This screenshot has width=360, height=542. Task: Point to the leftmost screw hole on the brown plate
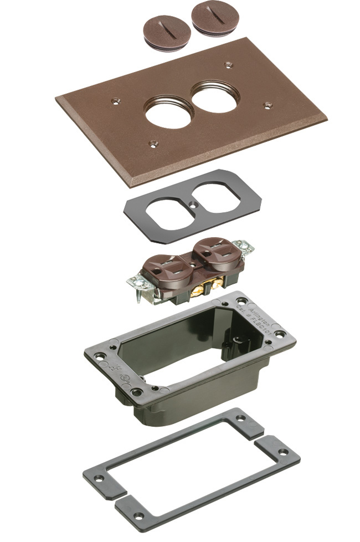click(115, 101)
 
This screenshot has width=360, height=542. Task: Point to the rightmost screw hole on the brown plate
click(268, 104)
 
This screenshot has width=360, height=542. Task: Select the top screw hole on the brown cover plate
click(227, 64)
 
